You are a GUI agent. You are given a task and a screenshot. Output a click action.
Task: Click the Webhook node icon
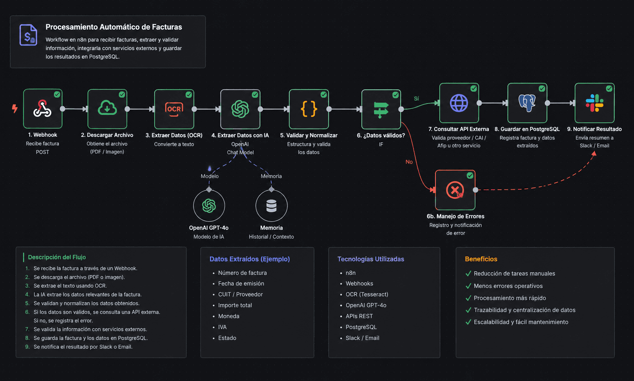click(x=42, y=109)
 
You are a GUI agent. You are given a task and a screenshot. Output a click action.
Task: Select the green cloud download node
click(x=107, y=109)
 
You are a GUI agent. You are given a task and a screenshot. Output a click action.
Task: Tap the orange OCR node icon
click(x=174, y=109)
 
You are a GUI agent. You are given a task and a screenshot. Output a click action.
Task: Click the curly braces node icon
click(x=309, y=109)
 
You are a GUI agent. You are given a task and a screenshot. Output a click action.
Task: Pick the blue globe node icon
click(x=459, y=103)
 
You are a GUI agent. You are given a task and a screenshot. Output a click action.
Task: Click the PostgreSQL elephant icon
click(x=527, y=103)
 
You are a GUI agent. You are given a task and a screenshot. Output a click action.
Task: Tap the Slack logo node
click(x=594, y=103)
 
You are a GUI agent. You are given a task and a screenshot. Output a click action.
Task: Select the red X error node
click(x=455, y=190)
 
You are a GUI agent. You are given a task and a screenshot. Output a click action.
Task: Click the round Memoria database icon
click(x=271, y=206)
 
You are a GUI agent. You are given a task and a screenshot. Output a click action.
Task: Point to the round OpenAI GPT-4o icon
click(x=209, y=206)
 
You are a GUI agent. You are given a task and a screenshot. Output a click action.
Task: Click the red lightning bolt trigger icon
click(x=15, y=108)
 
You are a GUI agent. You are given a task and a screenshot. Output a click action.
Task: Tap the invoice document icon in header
click(x=28, y=35)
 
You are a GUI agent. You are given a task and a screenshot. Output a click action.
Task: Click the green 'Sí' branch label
click(x=416, y=98)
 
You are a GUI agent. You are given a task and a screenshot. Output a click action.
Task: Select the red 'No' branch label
click(x=409, y=162)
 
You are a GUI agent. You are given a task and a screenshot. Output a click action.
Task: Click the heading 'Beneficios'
click(x=481, y=259)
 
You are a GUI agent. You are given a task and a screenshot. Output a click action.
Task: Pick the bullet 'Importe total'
click(x=235, y=305)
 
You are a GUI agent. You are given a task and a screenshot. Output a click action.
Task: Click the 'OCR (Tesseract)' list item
click(x=367, y=294)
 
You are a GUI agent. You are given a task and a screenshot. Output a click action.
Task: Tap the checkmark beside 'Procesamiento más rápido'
click(x=468, y=298)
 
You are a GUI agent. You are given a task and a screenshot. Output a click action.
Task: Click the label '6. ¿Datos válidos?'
click(x=381, y=135)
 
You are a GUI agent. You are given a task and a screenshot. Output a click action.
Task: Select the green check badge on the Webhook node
click(x=57, y=94)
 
